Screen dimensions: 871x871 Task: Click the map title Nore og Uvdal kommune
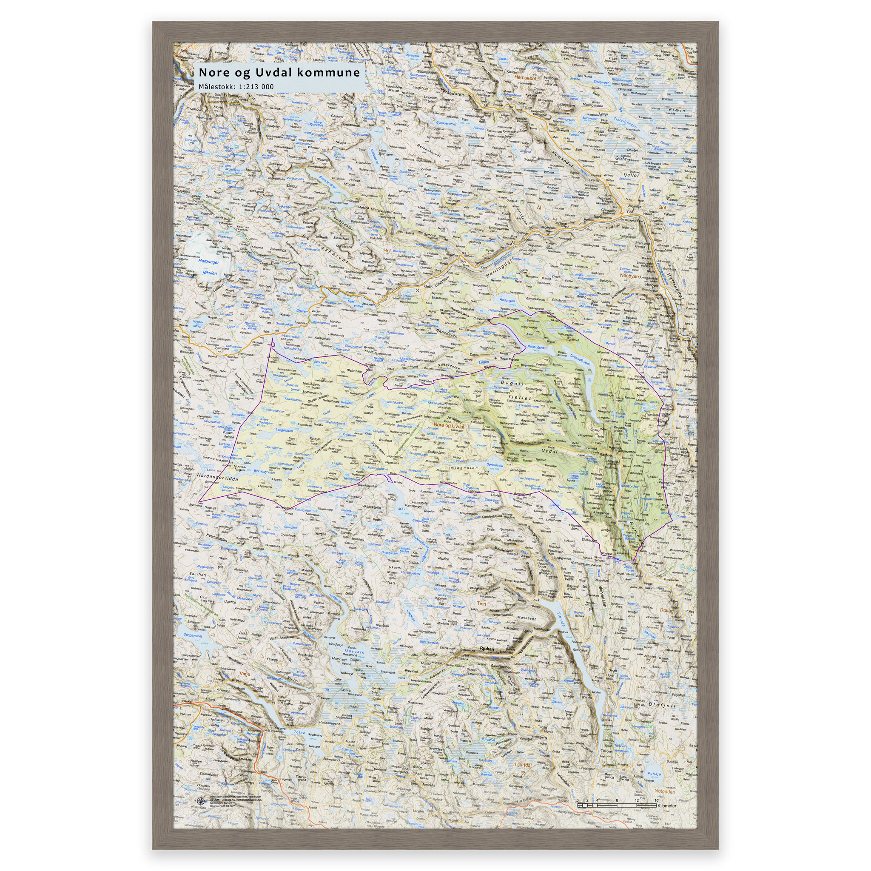[279, 73]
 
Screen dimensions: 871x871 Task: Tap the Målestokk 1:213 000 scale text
[236, 87]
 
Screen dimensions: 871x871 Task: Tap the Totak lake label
[300, 733]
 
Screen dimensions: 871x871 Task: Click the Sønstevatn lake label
[495, 464]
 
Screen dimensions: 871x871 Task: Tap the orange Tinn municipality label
[481, 603]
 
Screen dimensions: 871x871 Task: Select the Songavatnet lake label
[193, 635]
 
